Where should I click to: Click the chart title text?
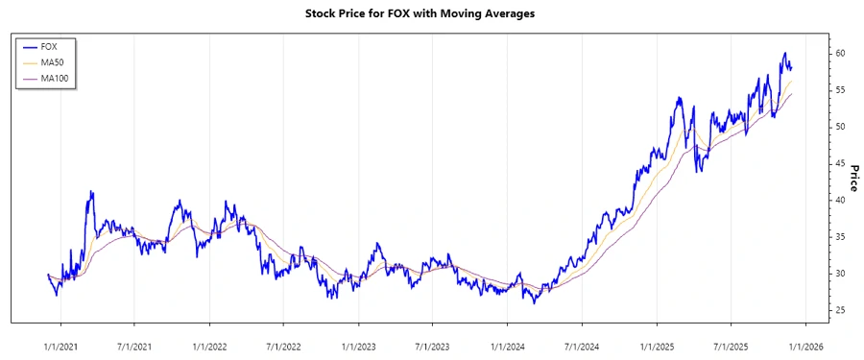pos(432,13)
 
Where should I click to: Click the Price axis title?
pos(852,178)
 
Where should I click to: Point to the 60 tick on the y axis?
pos(839,53)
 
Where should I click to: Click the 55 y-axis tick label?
pos(839,89)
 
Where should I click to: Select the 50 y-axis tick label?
pos(839,127)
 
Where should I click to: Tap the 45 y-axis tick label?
pos(839,163)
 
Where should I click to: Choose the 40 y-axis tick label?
pos(839,200)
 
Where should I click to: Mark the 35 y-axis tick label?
pos(839,236)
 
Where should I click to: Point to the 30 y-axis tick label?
pos(839,274)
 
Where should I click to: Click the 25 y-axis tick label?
pos(839,310)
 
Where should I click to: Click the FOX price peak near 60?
pos(784,54)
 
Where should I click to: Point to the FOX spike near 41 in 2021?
pos(91,192)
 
